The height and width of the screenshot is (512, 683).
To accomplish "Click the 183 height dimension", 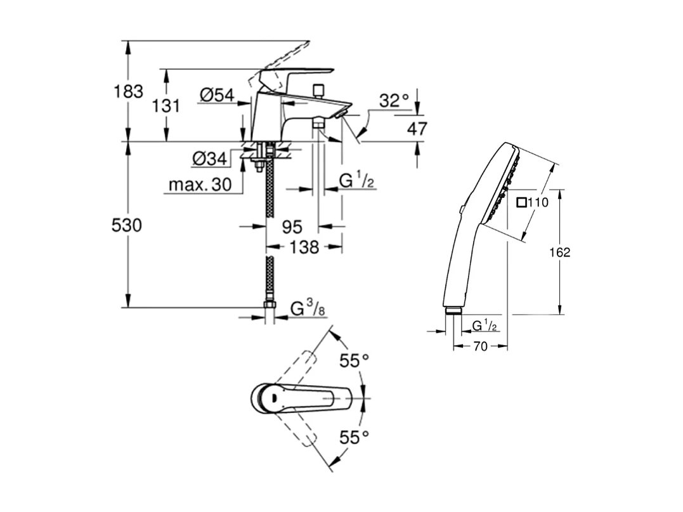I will coord(129,91).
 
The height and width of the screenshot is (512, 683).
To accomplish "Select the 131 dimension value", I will coord(167,105).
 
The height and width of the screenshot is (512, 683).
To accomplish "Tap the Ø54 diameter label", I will coord(217,95).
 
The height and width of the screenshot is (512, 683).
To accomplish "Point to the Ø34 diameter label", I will coord(209,159).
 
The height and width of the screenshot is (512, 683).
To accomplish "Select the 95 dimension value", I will coord(292,226).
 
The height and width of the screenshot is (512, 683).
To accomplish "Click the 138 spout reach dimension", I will coord(304,247).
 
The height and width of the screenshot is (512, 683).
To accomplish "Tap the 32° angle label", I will coord(394,100).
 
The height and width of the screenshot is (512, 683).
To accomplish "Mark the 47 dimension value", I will coord(417,128).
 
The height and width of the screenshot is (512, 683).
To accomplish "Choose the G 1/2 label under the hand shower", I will coord(485,325).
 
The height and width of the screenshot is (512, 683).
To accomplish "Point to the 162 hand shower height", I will coord(560,252).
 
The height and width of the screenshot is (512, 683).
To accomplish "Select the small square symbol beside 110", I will coord(521,203).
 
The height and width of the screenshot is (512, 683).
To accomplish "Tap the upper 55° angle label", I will coord(354,361).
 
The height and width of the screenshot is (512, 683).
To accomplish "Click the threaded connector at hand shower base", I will coord(453,310).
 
